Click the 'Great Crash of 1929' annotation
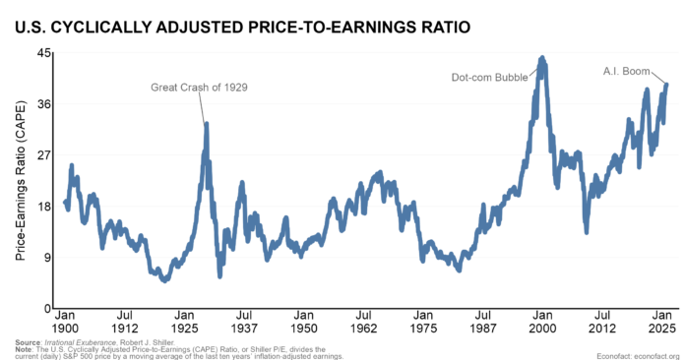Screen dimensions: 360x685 coord(198,88)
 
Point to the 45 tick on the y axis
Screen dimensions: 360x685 coord(45,53)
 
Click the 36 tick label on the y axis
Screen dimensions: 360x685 coord(45,104)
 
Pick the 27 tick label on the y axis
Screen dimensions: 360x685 coord(45,155)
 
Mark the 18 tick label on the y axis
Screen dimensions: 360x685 coord(45,207)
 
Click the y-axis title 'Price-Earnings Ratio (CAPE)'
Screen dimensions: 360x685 coord(21,182)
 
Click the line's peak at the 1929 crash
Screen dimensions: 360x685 coord(206,124)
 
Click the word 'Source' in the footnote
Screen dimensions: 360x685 coord(27,340)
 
